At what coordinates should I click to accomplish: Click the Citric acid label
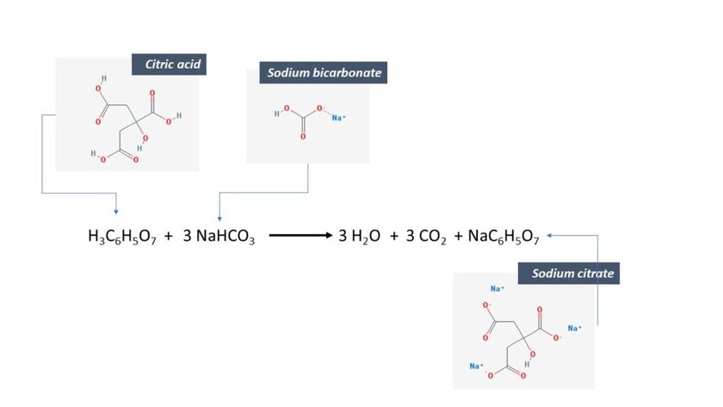point(172,64)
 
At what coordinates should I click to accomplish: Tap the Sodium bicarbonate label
point(324,73)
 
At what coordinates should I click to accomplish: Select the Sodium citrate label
point(572,274)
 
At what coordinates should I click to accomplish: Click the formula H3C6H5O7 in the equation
point(122,237)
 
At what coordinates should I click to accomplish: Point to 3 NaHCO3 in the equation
point(219,237)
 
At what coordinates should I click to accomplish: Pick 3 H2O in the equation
point(359,237)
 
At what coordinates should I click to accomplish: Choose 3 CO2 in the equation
point(426,237)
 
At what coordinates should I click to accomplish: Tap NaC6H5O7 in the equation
point(504,237)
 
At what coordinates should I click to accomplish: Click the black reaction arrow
point(300,236)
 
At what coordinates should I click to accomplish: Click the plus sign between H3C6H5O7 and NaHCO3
point(169,236)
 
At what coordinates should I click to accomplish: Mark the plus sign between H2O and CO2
point(393,236)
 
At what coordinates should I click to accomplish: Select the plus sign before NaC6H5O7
point(458,236)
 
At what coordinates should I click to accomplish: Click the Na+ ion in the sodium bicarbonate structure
point(338,118)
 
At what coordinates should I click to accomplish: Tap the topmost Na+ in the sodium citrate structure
point(497,288)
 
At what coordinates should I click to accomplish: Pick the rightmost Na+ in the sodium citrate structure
point(575,328)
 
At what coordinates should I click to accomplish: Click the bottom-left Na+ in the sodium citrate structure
point(476,366)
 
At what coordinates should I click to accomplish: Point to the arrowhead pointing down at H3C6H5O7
point(116,212)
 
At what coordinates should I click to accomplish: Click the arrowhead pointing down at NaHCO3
point(219,219)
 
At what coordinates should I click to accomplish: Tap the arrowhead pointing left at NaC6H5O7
point(550,236)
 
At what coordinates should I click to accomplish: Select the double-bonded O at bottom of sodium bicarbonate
point(303,137)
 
